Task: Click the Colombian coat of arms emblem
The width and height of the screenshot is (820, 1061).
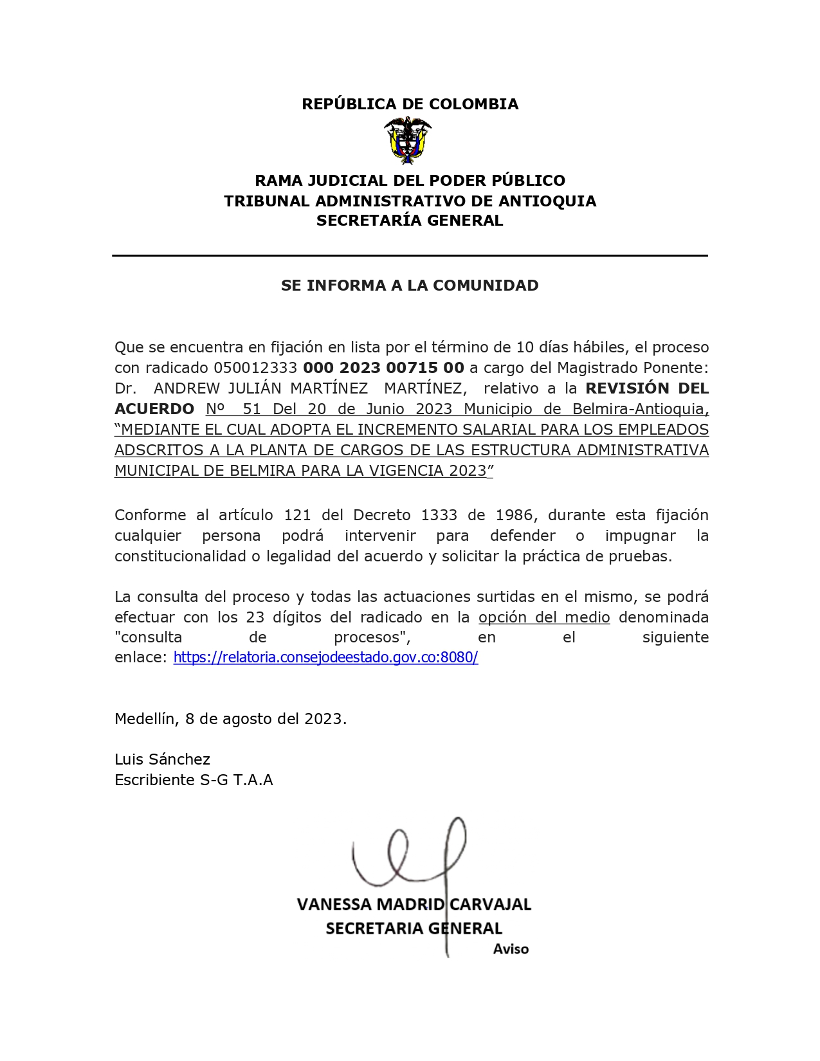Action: [408, 141]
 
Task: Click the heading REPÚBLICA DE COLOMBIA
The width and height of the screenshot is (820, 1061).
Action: [410, 104]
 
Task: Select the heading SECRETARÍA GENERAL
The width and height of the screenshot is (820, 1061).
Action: [410, 221]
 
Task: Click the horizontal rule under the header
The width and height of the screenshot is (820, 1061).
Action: [410, 256]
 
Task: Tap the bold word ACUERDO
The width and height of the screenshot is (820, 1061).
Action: [154, 409]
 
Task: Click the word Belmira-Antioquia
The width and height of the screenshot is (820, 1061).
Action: [640, 409]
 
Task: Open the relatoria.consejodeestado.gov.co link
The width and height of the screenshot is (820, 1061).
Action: [325, 657]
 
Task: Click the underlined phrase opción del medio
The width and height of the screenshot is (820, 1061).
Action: [544, 617]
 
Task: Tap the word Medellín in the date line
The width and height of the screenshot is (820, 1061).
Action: [145, 719]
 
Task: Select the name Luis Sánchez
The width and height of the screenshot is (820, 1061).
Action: [162, 759]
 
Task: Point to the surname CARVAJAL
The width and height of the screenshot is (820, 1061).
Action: [490, 905]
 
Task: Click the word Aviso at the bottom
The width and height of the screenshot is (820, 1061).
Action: [511, 949]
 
